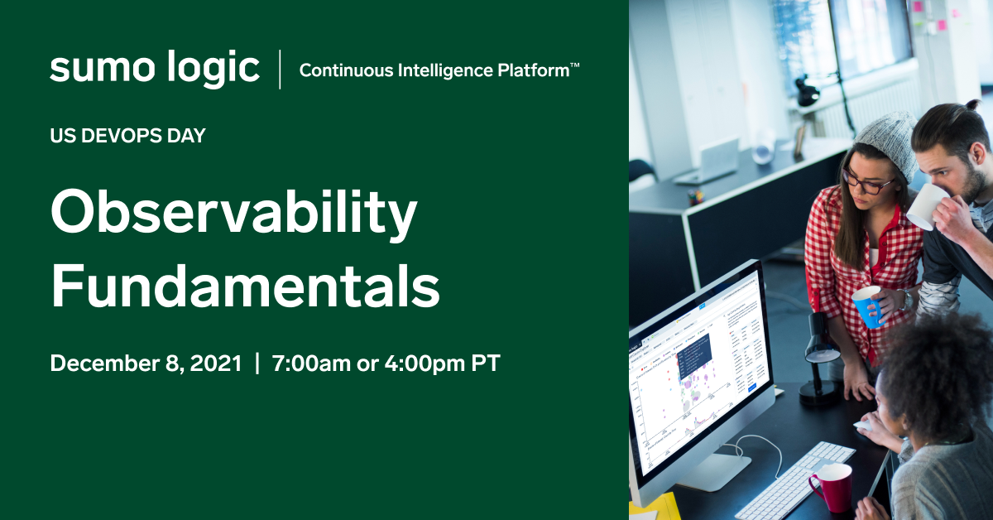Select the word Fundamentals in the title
[245, 285]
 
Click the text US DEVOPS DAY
[127, 136]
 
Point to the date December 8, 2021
[146, 364]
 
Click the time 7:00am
[311, 364]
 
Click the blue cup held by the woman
[868, 306]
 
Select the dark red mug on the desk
[830, 487]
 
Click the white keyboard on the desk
[794, 480]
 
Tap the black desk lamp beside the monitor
[820, 359]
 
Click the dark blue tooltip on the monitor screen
[695, 355]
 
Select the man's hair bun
[973, 104]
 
